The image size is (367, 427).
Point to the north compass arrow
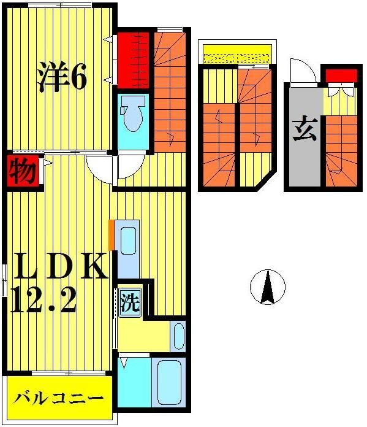tap(268, 287)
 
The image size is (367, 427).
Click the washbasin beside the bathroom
tap(178, 336)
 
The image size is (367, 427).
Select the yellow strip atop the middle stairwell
tap(237, 55)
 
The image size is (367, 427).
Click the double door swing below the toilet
tap(115, 166)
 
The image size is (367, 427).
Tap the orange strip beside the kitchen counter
tap(112, 234)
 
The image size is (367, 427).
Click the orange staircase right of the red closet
tap(168, 92)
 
